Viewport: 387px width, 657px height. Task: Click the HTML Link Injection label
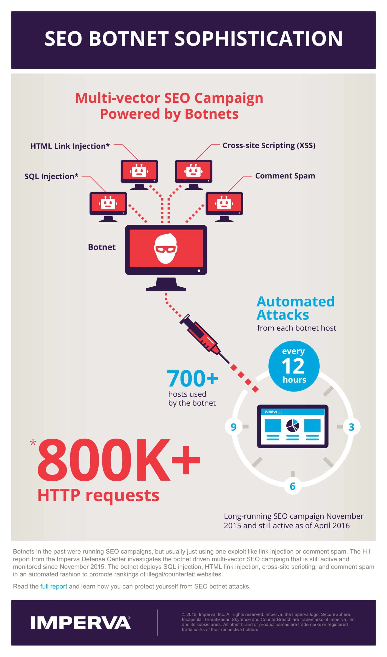70,146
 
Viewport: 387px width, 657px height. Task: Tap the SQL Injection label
51,176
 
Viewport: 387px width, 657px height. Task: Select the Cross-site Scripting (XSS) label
269,145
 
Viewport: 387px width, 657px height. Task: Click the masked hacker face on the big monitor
166,248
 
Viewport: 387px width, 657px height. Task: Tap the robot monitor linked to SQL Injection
108,207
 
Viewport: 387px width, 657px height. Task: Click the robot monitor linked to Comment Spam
224,207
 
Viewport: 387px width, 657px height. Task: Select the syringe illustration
204,339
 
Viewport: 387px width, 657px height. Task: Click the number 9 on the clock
233,427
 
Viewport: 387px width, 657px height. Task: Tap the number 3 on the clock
351,427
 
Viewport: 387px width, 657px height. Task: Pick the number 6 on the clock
293,486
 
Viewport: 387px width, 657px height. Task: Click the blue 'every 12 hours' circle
294,366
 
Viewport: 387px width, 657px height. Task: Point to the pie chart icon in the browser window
293,426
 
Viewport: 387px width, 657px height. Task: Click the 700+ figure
192,379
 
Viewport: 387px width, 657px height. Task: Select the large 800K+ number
119,460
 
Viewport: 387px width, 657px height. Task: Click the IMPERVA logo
80,623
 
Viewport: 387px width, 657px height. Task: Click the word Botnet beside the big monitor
102,247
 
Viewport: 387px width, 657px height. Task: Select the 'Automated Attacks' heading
295,308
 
